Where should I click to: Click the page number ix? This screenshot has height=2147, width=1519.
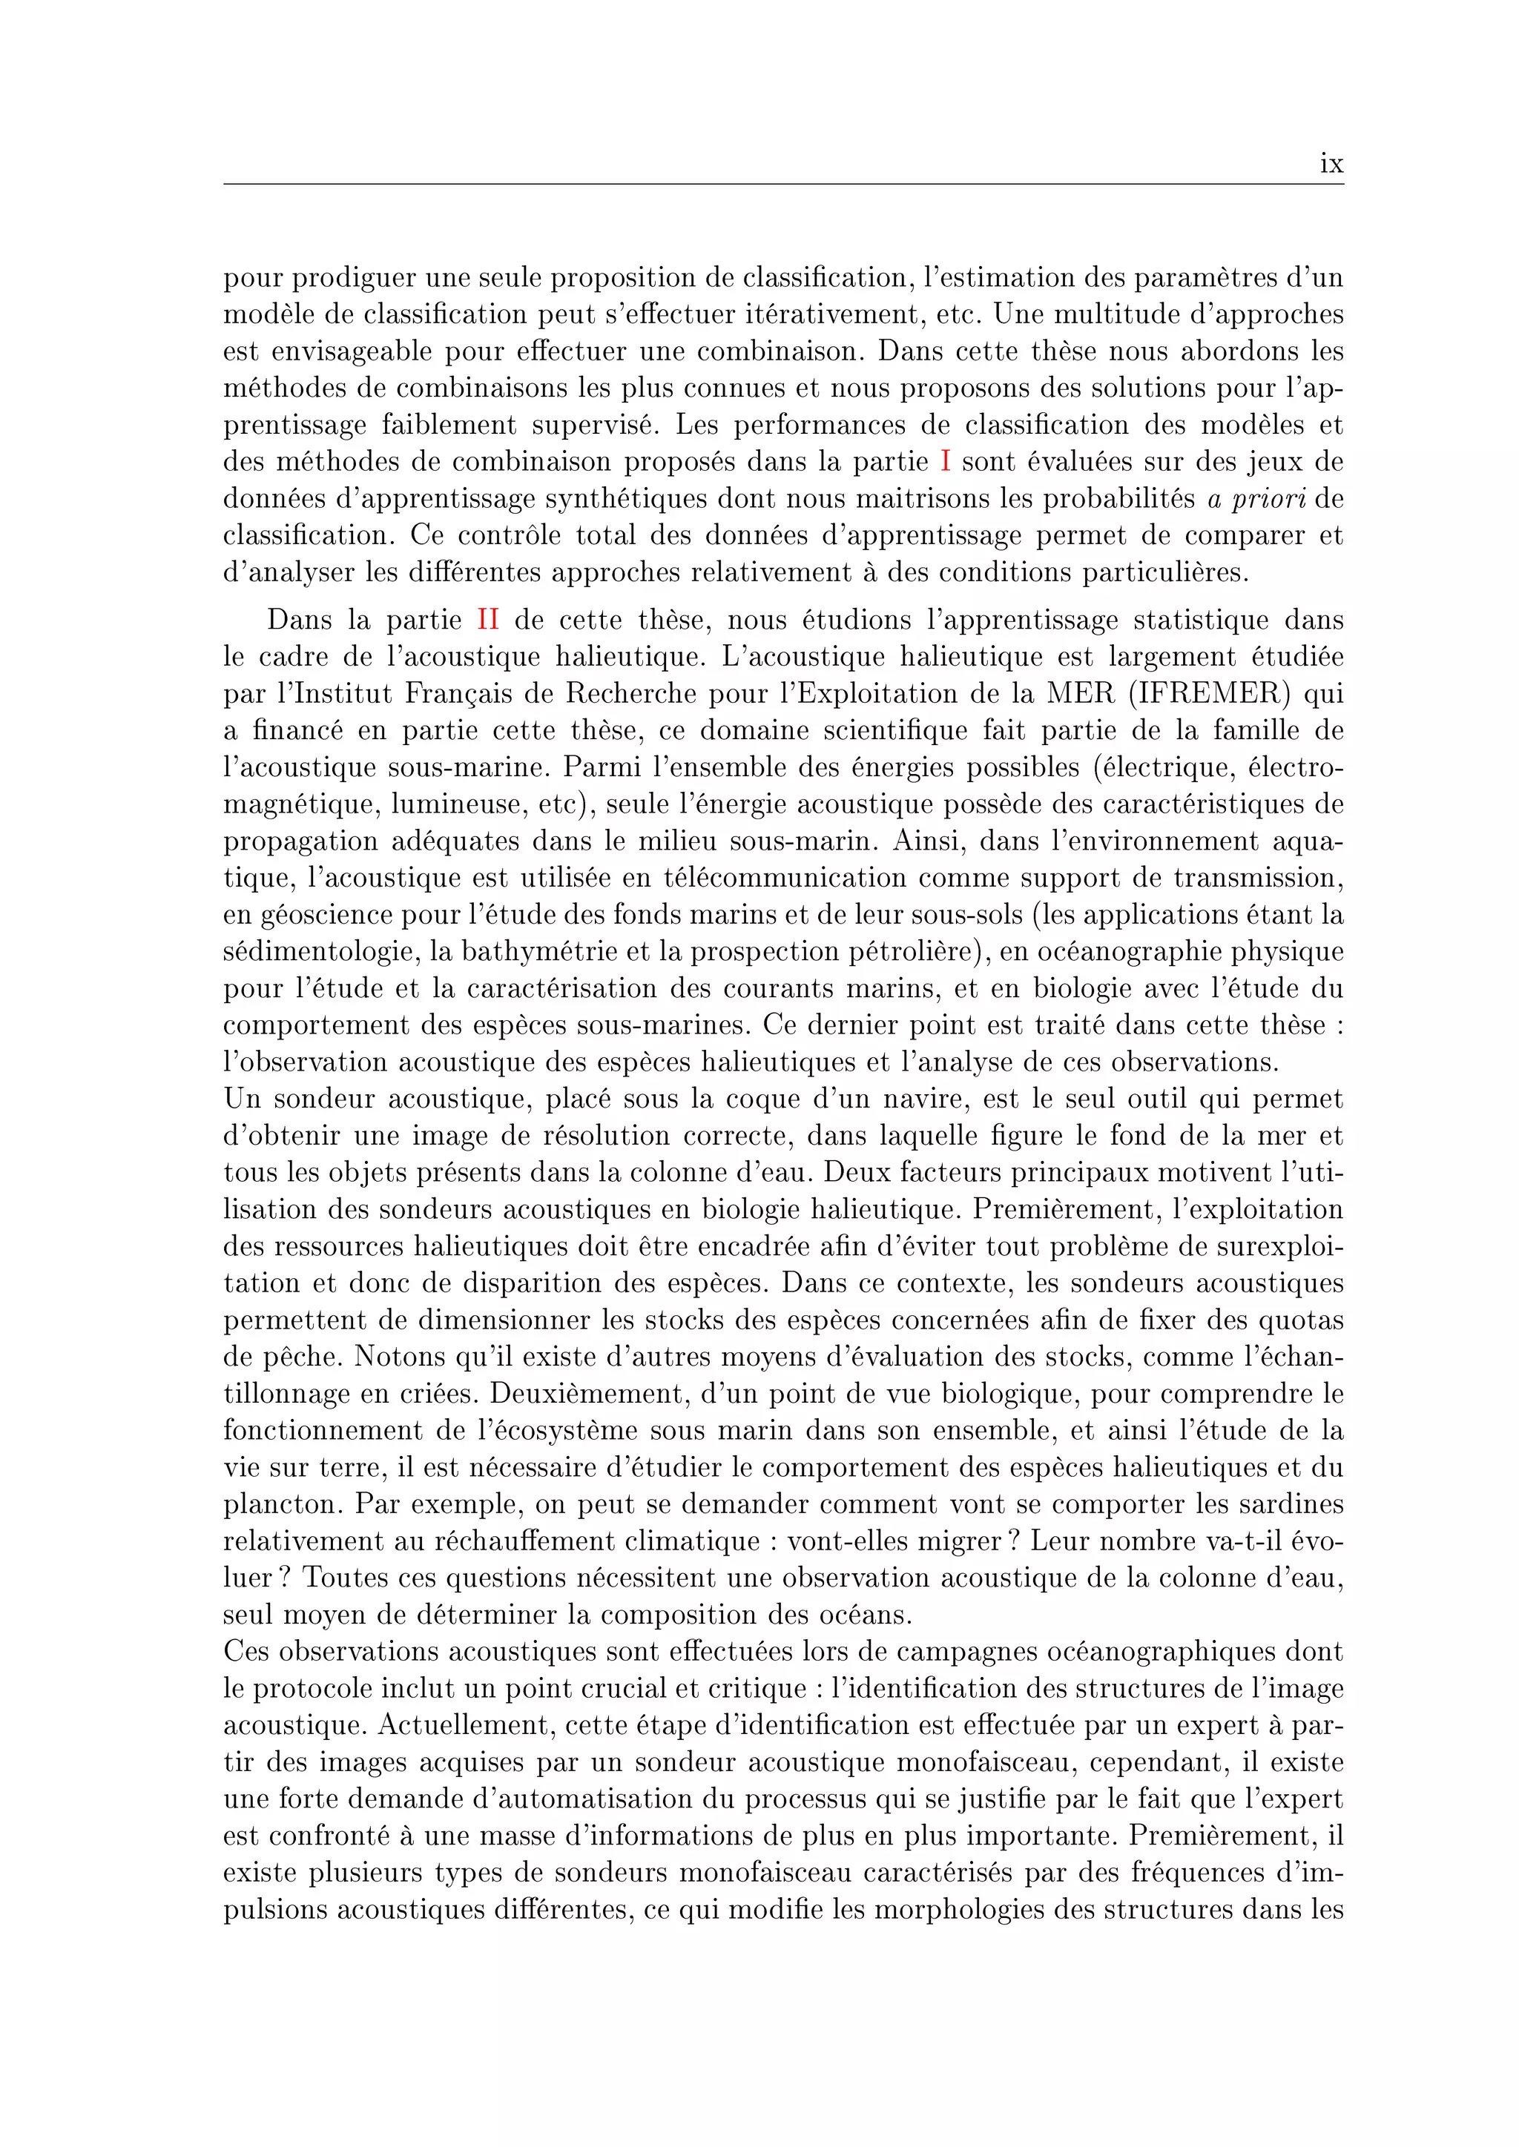coord(1331,165)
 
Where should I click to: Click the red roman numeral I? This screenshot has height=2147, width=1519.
coord(945,461)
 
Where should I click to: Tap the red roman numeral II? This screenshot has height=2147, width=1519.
coord(487,620)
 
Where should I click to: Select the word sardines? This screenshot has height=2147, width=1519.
coord(1290,1504)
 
